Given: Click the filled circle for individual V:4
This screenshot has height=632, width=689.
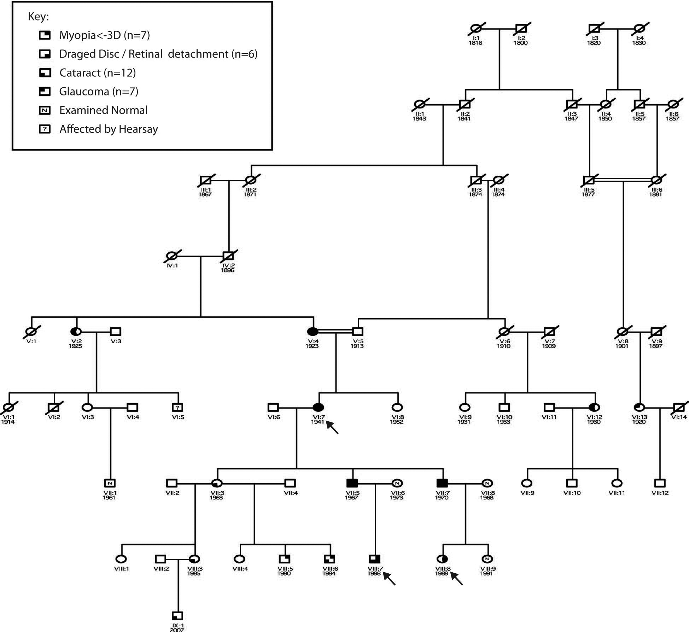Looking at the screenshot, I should point(313,332).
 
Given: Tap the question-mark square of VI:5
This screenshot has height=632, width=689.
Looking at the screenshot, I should point(177,408).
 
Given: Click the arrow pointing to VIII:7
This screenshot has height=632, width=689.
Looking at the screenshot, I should point(389,579).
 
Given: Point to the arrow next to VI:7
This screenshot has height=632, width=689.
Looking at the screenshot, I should point(332,427).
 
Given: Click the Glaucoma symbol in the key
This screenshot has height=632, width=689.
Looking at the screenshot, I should point(45,92).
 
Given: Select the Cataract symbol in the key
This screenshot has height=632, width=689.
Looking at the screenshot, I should point(45,73).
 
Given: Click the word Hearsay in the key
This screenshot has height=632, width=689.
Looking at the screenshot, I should point(138,129).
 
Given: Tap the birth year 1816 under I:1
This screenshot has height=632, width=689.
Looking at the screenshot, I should point(475,43).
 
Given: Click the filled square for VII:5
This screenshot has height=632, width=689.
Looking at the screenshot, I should point(352,483).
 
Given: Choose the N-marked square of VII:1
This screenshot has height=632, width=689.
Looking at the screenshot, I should point(110,483).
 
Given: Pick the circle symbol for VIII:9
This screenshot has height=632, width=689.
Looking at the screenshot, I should point(487,559).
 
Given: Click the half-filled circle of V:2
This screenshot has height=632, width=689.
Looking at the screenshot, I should point(76,332).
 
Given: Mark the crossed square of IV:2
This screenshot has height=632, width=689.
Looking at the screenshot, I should point(228,256).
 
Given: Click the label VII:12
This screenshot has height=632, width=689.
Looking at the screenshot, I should point(660,493).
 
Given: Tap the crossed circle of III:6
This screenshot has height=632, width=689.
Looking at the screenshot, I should point(656,180).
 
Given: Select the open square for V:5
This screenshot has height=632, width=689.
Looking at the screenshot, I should point(358,332).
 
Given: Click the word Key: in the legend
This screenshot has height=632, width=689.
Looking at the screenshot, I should point(38,17).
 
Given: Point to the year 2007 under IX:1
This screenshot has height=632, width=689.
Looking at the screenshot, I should point(177,630).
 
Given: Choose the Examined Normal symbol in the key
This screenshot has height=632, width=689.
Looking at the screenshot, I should point(45,110).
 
